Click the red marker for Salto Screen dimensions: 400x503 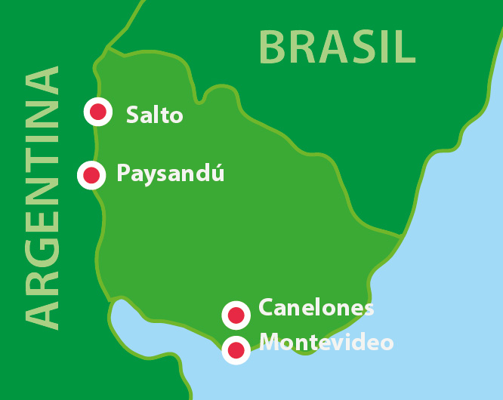pos(97,112)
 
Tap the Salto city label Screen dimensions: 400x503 pos(154,115)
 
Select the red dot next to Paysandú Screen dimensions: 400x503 pos(91,175)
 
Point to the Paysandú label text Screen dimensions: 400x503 pos(171,174)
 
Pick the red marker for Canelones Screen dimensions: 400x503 pos(236,315)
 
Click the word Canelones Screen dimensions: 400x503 pos(316,308)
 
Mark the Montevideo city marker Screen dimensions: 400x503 pos(236,350)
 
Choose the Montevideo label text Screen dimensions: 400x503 pos(326,343)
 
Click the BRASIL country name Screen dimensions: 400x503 pos(337,47)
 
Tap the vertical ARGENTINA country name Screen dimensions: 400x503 pos(42,198)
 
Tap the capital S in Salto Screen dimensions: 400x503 pos(134,115)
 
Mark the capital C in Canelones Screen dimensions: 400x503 pos(267,308)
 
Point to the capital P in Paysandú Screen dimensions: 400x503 pos(124,174)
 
